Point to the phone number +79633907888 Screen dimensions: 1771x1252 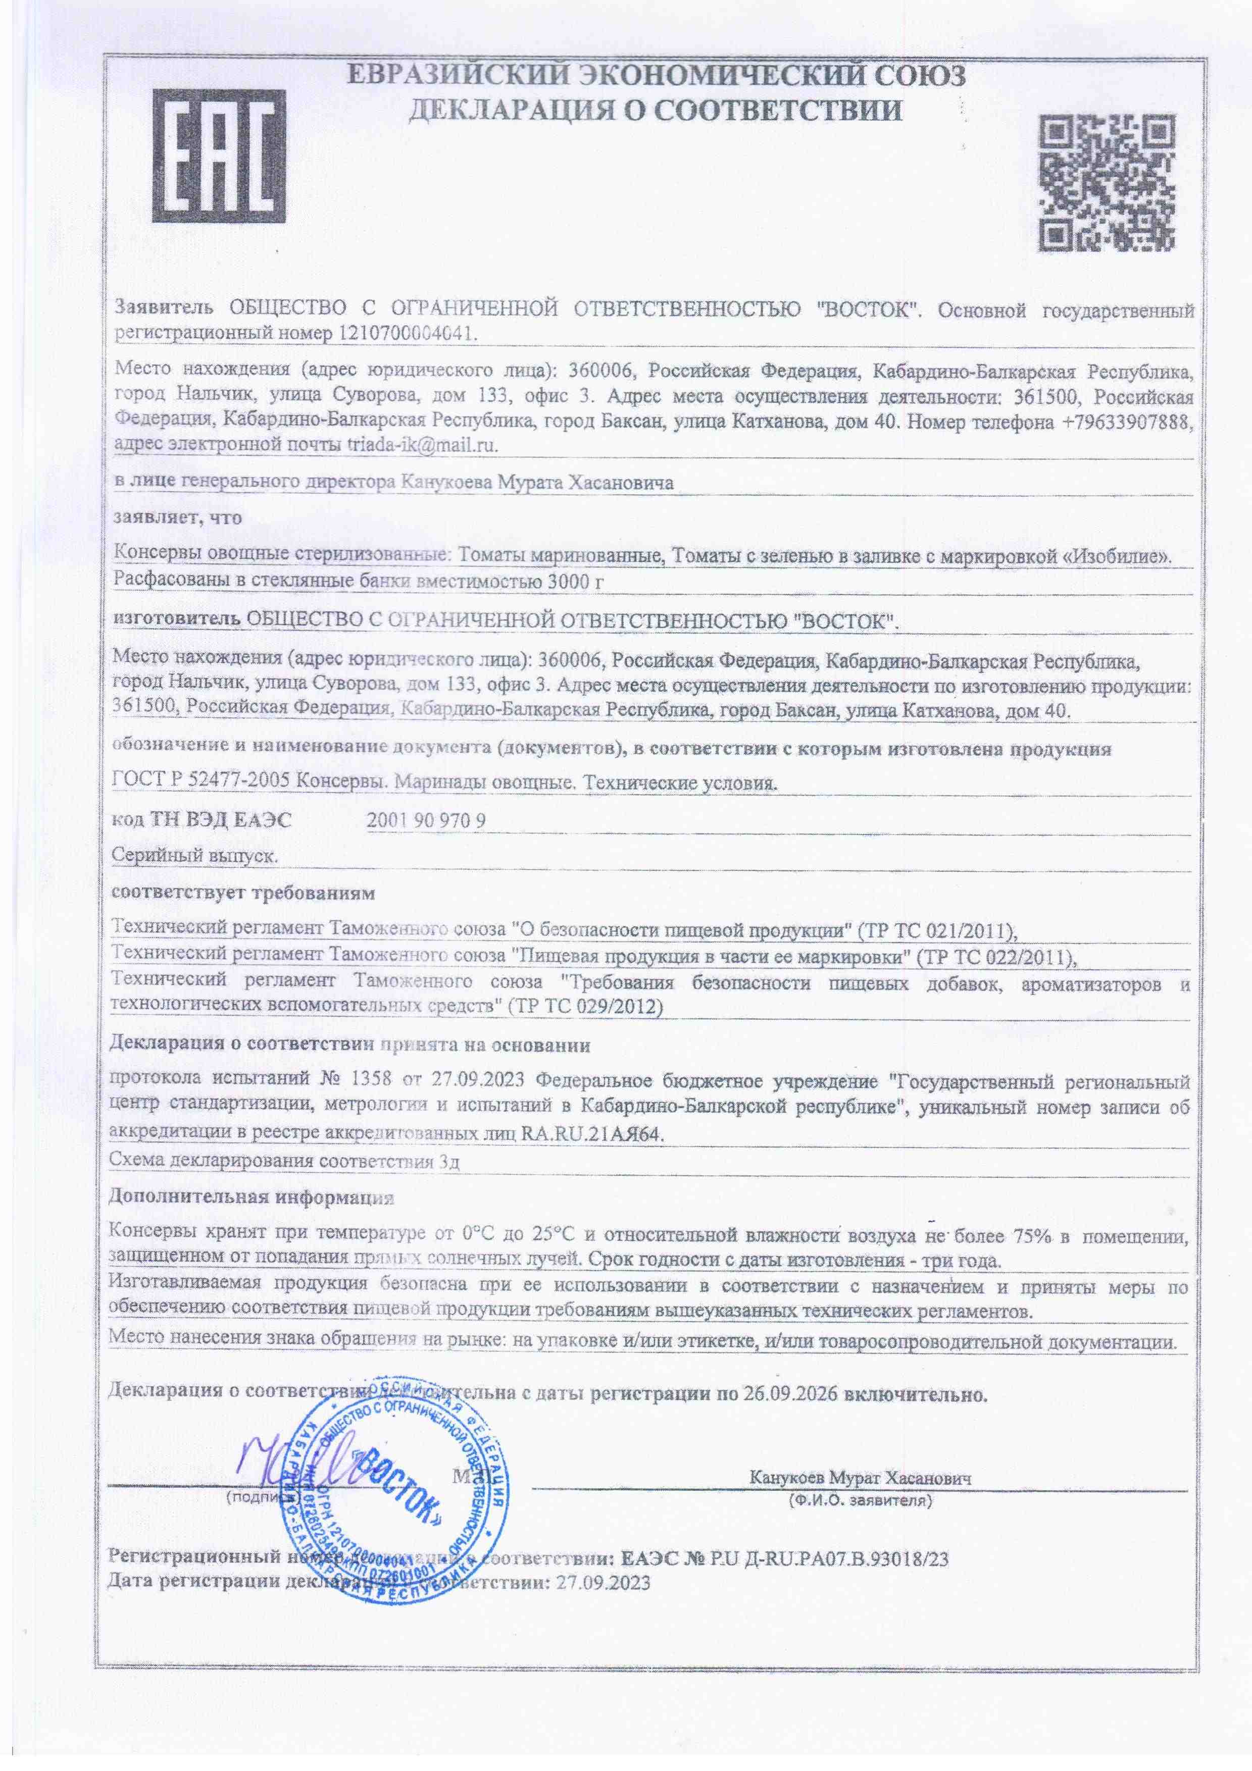[x=1127, y=423]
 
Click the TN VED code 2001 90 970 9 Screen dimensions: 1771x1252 [x=426, y=820]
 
